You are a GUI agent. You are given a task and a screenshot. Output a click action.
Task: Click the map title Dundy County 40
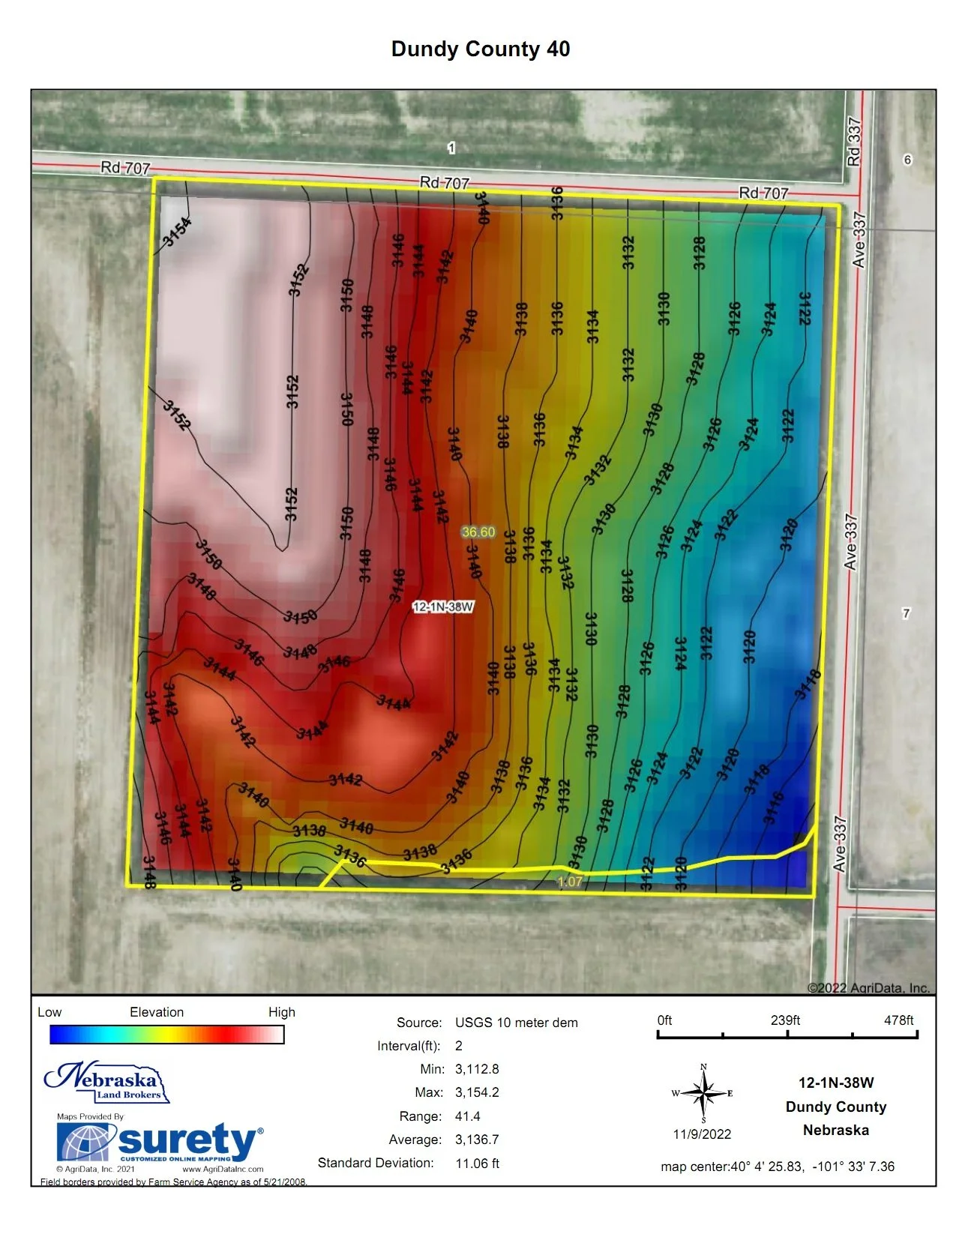click(481, 49)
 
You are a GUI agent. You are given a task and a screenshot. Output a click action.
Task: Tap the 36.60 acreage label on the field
click(478, 532)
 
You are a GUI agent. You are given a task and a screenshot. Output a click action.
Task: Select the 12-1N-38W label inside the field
click(443, 607)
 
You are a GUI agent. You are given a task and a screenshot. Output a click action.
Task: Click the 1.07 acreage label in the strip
click(570, 882)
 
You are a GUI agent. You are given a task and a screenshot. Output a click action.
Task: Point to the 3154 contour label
click(178, 230)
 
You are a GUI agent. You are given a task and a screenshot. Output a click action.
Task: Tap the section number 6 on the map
click(907, 160)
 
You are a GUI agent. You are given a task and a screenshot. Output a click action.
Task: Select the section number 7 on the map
click(906, 613)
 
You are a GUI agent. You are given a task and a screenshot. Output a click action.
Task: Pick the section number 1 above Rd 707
click(451, 148)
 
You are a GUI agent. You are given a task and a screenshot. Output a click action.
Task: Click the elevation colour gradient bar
click(166, 1035)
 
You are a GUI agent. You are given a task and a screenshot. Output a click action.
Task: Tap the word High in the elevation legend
click(282, 1012)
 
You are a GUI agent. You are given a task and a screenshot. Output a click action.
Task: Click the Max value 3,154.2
click(477, 1092)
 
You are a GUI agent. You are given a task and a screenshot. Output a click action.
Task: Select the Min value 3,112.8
click(477, 1069)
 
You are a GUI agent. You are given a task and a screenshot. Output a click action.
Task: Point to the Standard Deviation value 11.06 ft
click(478, 1164)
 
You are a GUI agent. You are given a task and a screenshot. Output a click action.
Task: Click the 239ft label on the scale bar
click(785, 1020)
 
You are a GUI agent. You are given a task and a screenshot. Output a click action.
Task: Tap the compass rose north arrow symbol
click(703, 1094)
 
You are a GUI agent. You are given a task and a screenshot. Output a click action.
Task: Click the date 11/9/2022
click(702, 1134)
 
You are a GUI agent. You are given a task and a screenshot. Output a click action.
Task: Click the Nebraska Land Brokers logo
click(107, 1083)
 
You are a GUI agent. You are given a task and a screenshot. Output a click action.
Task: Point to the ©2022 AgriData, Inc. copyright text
click(868, 988)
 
